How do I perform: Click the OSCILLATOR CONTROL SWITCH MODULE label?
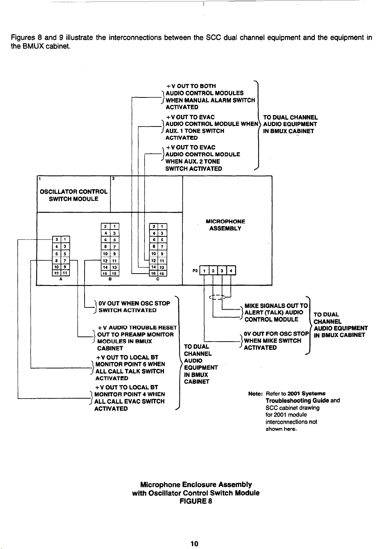point(74,195)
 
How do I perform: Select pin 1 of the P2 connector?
point(204,271)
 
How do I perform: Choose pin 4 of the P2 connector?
point(231,271)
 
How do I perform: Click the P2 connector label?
point(195,271)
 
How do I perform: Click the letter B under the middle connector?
point(110,279)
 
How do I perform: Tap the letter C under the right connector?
point(157,279)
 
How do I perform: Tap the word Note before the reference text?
point(254,393)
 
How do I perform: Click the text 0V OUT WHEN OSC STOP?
point(135,303)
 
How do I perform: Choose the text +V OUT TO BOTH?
point(191,86)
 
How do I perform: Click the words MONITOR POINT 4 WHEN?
point(129,394)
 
